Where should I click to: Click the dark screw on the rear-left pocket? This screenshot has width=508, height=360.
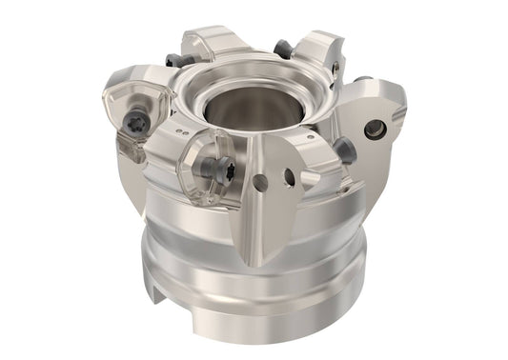[173, 60]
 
